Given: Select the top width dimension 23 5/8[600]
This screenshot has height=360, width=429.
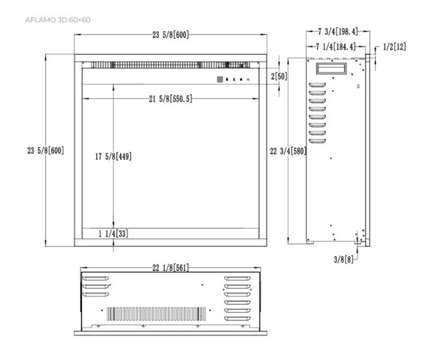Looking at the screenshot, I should (x=170, y=35).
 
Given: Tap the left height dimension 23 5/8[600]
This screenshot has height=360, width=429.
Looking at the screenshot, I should (x=45, y=151).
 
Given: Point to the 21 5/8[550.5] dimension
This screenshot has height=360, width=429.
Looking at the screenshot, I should (x=170, y=99).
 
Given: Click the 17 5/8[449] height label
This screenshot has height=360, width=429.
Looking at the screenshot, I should (x=113, y=157).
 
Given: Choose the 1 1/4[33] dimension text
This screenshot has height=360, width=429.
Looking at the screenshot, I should (x=113, y=234).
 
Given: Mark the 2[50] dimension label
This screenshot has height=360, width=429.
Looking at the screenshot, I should (x=279, y=76).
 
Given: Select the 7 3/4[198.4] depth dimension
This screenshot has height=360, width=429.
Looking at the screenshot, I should (x=338, y=31).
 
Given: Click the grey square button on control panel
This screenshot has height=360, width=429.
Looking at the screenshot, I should (x=220, y=79).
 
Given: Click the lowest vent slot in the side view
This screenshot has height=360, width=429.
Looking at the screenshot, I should (x=318, y=141).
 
